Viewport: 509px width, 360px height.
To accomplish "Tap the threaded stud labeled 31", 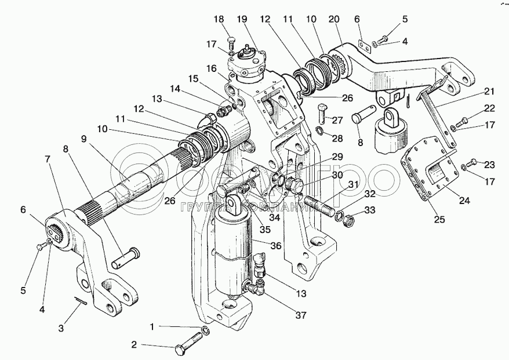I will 316,205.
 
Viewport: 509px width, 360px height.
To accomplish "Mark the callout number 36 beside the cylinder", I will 275,246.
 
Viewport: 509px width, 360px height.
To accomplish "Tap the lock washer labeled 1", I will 206,332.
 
